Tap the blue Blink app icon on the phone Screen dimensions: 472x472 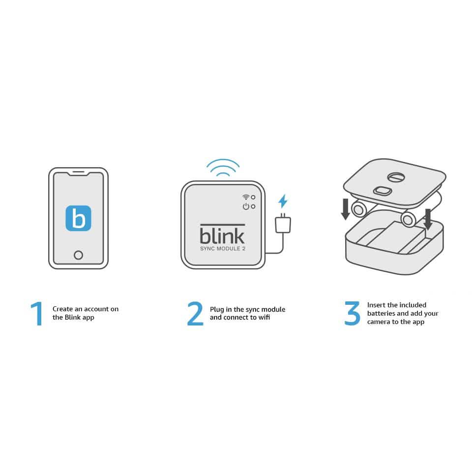[78, 218]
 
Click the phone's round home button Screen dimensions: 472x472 [78, 255]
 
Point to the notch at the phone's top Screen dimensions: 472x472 [78, 174]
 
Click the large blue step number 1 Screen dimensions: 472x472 [37, 314]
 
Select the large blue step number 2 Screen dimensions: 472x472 [195, 314]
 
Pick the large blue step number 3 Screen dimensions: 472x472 [352, 314]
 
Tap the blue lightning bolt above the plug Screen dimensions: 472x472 [283, 201]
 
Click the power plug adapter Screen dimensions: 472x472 [283, 224]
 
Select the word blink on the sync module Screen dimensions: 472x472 [222, 235]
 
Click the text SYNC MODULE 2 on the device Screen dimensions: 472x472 [222, 248]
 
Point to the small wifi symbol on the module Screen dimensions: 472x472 [245, 197]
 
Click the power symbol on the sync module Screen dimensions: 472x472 [245, 206]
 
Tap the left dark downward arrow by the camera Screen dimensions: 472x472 [346, 209]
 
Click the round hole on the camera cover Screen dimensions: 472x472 [396, 177]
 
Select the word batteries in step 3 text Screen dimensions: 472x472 [382, 313]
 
